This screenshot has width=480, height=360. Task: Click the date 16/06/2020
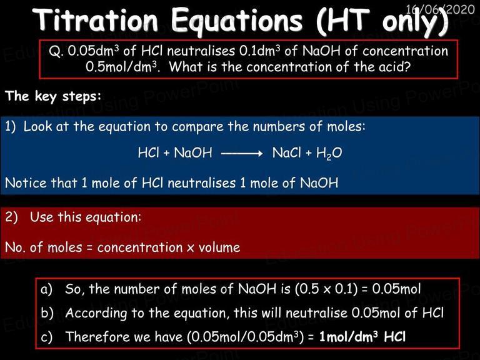coord(440,9)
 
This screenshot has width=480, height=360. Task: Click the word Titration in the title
coord(95,20)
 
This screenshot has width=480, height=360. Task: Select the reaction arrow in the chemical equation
coord(242,153)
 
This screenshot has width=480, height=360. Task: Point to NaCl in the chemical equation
coord(286,152)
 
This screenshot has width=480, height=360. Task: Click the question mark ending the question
coord(406,67)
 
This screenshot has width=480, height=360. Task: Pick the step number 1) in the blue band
coord(11,127)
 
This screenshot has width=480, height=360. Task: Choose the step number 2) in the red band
coord(12,217)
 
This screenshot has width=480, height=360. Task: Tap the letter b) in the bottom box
coord(47,313)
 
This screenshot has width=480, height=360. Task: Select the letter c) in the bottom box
coord(46,337)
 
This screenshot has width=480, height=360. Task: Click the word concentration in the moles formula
coord(140,247)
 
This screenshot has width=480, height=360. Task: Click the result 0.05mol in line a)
coord(397,289)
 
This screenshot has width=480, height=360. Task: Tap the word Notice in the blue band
coord(26,183)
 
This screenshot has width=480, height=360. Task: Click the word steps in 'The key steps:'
coord(81,96)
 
